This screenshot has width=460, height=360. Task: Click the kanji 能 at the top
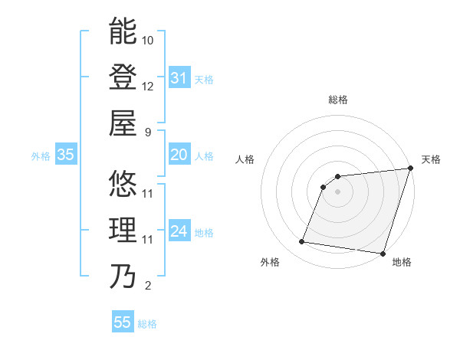point(123,31)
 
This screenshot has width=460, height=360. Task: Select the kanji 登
point(123,77)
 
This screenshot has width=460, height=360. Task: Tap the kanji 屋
point(123,123)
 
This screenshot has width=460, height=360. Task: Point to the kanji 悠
point(123,185)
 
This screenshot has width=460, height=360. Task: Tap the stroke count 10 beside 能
point(148,39)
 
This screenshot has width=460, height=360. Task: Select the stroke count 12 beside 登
point(148,86)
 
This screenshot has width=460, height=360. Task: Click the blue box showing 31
point(179,78)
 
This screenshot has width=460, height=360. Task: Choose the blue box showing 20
point(179,155)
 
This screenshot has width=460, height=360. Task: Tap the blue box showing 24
point(179,231)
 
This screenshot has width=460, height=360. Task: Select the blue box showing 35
point(66,155)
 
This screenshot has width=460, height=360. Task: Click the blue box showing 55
point(122,322)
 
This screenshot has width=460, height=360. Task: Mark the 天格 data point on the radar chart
point(410,169)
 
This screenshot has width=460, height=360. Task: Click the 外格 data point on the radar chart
point(302,242)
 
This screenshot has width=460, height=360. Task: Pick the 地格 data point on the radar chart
point(382,254)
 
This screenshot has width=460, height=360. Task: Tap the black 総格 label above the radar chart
point(338,100)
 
